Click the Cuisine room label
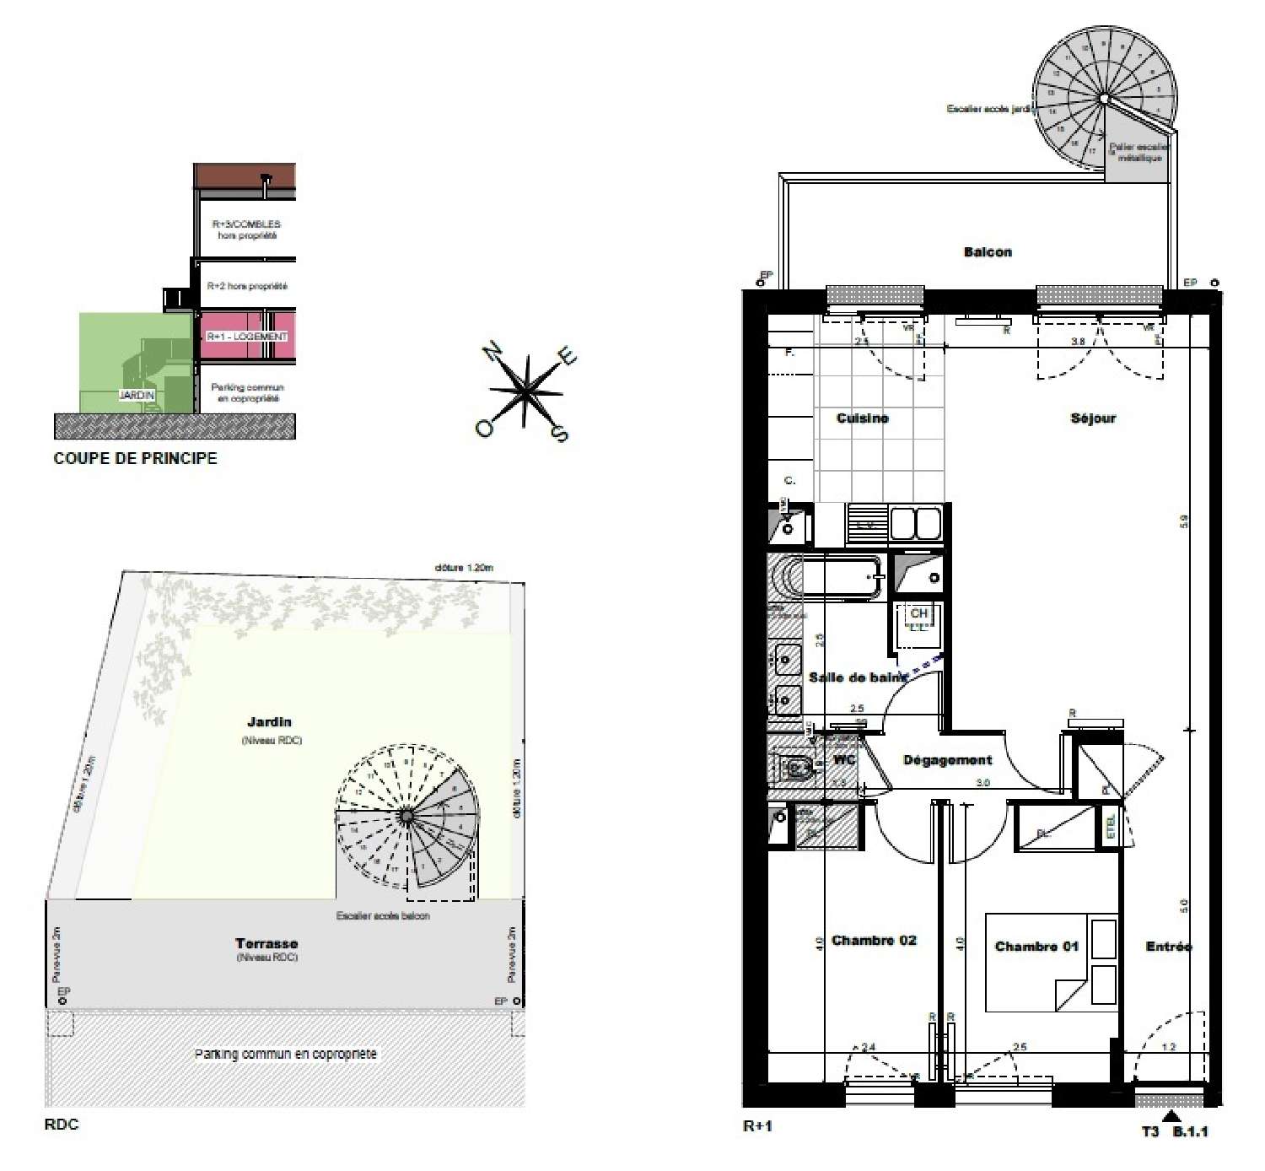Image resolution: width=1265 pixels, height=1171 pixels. (862, 418)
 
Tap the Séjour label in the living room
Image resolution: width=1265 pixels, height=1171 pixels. (1093, 418)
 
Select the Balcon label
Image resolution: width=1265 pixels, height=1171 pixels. (988, 252)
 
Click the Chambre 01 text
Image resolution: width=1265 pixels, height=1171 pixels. (1036, 947)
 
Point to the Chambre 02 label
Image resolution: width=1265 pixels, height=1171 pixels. (874, 940)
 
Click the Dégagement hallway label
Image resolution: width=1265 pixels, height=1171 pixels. (947, 760)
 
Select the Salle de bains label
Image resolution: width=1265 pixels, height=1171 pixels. (858, 677)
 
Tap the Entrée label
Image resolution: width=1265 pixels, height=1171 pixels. (1168, 947)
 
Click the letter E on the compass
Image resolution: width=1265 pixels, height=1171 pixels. (569, 358)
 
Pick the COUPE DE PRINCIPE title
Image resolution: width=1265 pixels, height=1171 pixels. (135, 459)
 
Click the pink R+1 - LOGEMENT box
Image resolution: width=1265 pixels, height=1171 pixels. (247, 337)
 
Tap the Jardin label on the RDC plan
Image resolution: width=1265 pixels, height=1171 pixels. (269, 722)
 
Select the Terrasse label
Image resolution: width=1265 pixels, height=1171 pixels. (266, 944)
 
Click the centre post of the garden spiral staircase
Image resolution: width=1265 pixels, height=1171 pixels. (406, 815)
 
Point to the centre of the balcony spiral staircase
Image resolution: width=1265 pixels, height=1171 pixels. (1103, 100)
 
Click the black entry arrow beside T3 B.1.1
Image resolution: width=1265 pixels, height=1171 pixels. (1172, 1116)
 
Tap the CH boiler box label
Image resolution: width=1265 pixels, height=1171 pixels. (918, 613)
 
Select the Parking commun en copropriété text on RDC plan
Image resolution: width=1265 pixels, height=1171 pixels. (285, 1055)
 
